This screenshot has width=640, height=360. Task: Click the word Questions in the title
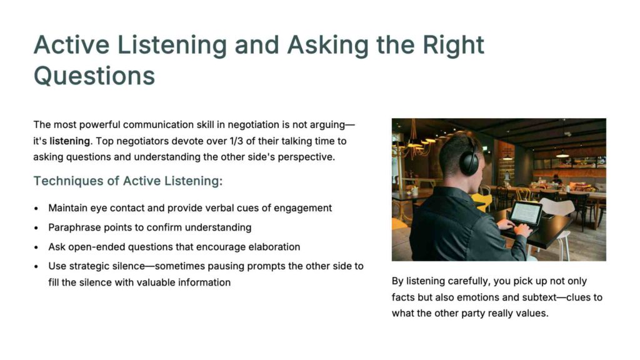click(x=94, y=76)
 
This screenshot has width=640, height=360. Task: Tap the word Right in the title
click(x=453, y=45)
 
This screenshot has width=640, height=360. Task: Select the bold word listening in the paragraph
click(x=70, y=141)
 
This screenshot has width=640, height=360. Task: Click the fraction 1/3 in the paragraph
click(x=236, y=141)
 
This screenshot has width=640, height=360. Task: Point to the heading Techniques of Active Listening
click(x=128, y=181)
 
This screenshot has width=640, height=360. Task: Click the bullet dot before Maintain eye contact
click(x=36, y=209)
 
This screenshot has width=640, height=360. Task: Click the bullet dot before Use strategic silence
click(x=36, y=266)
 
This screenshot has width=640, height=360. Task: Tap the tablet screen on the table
click(x=526, y=212)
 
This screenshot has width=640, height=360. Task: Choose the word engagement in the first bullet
click(x=302, y=208)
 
